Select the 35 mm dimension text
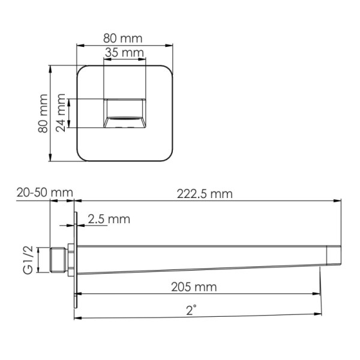pyautogui.click(x=125, y=53)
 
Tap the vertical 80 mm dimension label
pyautogui.click(x=43, y=114)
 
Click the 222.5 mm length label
pyautogui.click(x=204, y=194)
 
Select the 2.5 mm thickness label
pyautogui.click(x=109, y=219)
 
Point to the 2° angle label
pyautogui.click(x=191, y=310)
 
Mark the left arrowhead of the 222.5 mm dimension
pyautogui.click(x=77, y=202)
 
